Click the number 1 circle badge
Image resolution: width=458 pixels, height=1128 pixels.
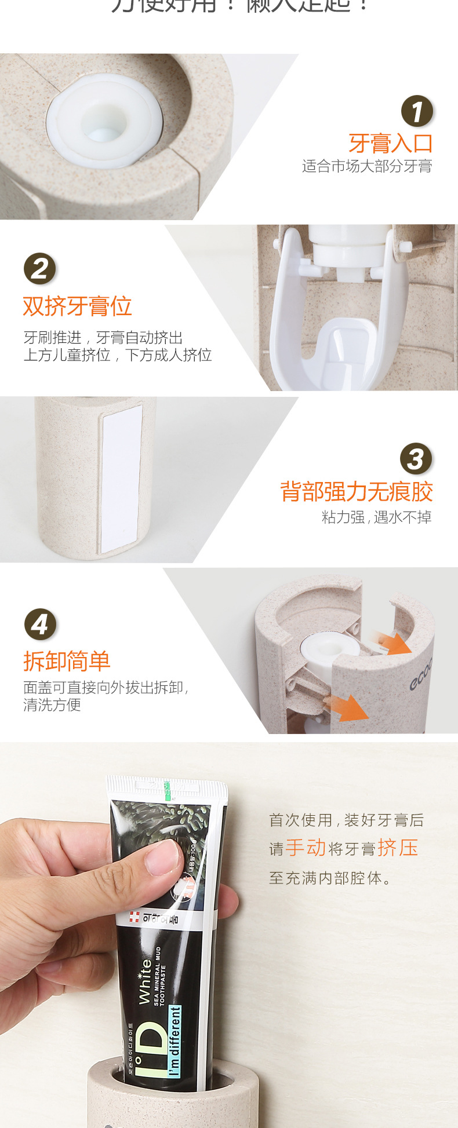tap(417, 111)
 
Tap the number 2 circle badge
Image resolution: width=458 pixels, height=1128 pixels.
tap(39, 269)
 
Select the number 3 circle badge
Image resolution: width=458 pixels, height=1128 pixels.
tap(416, 459)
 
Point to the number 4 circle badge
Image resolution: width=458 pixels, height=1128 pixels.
tap(40, 625)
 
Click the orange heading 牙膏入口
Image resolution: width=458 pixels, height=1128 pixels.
tap(390, 143)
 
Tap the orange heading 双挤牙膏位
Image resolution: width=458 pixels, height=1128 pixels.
tap(77, 306)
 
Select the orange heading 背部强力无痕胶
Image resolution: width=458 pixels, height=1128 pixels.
tap(357, 491)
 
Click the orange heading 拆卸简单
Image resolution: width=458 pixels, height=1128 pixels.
tap(67, 660)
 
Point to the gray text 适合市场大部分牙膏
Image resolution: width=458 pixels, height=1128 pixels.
tap(367, 167)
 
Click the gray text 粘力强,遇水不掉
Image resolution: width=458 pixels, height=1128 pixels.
tap(376, 517)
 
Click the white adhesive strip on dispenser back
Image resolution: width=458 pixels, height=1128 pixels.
tap(121, 478)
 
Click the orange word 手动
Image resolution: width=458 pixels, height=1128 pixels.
tap(306, 848)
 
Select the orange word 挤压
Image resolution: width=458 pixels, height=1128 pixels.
tap(398, 848)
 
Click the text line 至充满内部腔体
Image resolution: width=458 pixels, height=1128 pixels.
tap(330, 878)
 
